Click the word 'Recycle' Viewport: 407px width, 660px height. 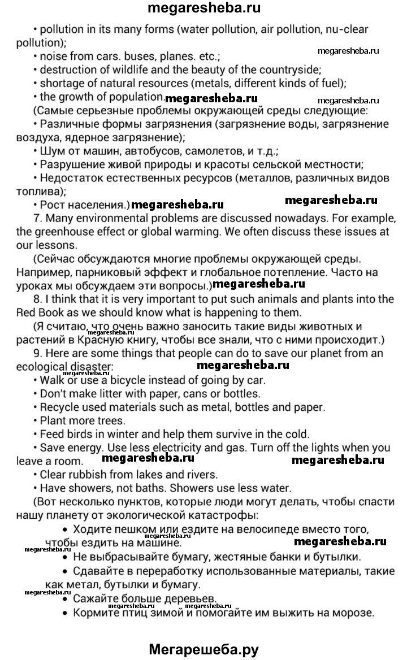[x=59, y=407]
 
